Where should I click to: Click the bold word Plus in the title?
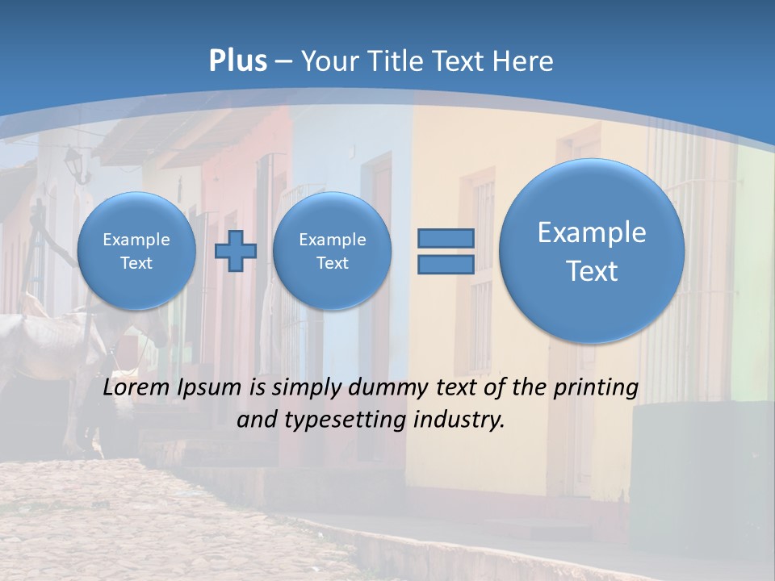237,61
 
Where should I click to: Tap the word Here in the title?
525,61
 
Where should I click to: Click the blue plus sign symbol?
235,250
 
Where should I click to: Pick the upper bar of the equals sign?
446,238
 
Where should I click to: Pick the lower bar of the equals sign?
446,265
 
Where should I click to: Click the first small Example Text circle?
136,250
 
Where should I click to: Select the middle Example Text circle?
332,250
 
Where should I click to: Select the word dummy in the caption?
386,388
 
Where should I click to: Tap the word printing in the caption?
597,388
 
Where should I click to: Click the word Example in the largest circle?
592,232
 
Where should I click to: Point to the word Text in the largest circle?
592,271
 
